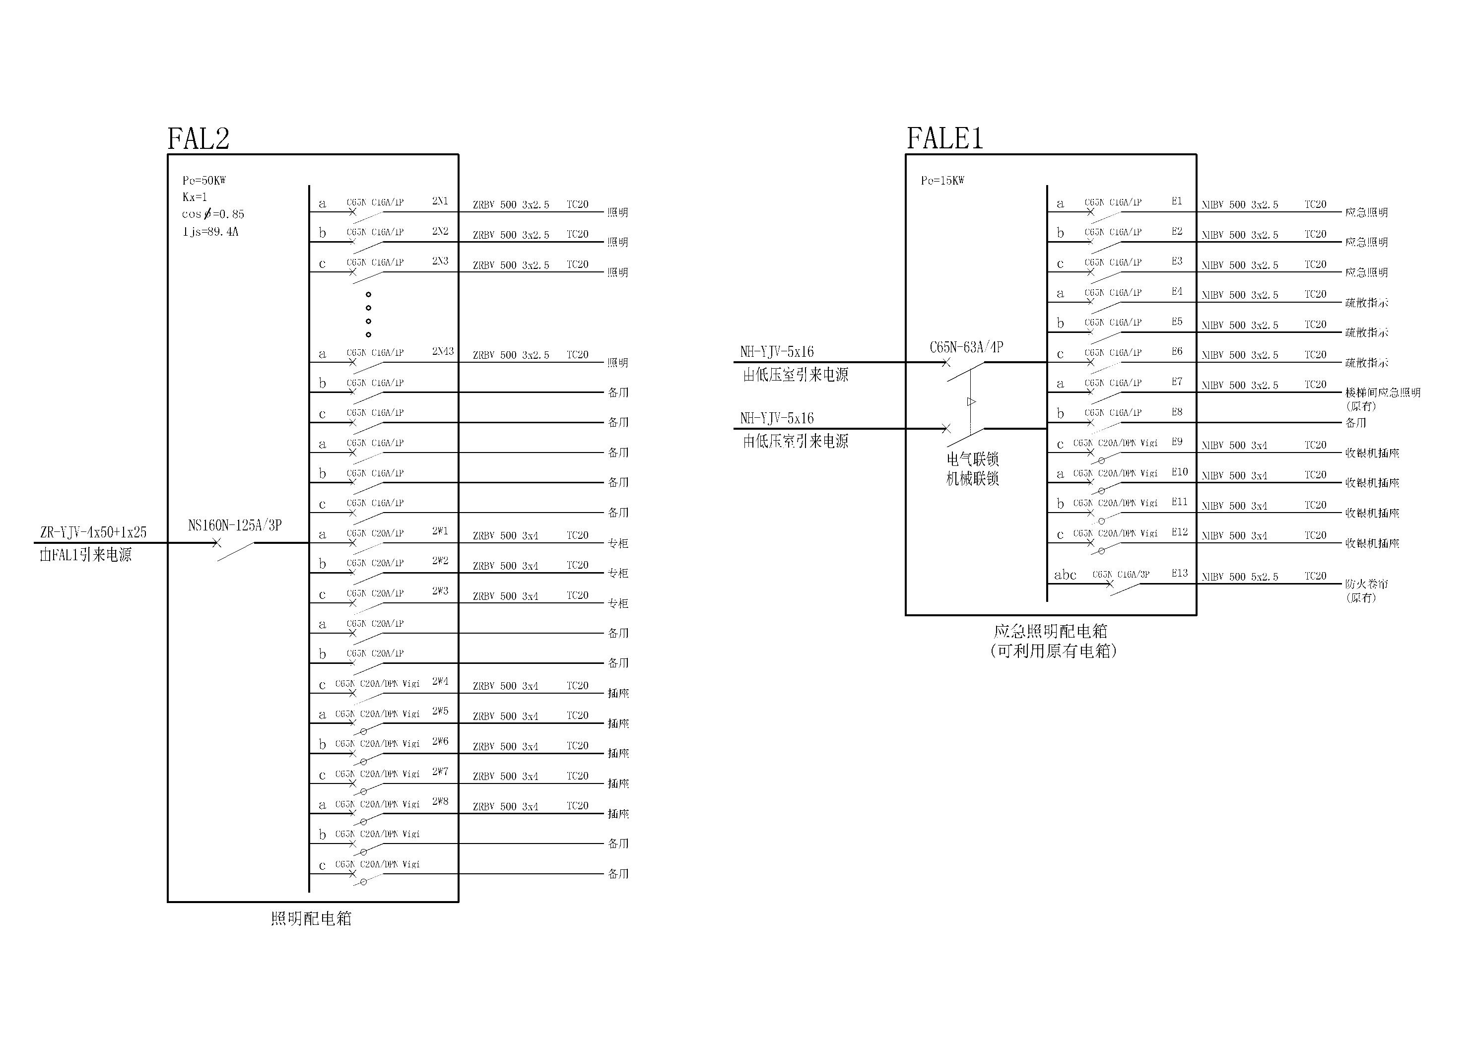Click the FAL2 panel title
199,138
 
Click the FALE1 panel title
944,138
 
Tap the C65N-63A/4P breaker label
966,347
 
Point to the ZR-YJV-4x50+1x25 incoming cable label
93,532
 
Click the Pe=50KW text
204,181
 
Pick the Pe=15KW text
942,181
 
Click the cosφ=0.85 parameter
212,214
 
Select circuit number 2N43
442,351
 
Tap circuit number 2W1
440,531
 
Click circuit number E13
1179,573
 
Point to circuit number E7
1177,382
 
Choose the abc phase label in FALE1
1065,575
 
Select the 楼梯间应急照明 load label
1382,392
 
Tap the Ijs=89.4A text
210,231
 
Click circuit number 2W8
440,801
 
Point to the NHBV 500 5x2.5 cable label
1239,577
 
